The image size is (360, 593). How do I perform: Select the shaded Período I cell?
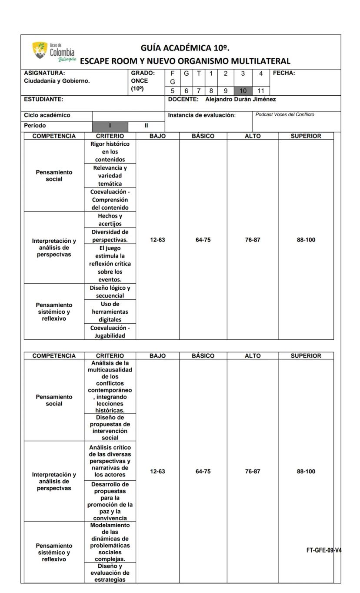coord(110,126)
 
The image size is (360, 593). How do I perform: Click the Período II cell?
coord(147,126)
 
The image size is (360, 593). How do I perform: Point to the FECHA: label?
coord(284,74)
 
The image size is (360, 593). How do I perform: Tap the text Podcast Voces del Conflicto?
coord(285,114)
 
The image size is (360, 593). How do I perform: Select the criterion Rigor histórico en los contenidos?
coord(110,151)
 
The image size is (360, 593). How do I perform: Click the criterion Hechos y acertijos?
coord(110,220)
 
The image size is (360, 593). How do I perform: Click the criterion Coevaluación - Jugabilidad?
coord(110,332)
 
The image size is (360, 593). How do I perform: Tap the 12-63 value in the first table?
coord(157,240)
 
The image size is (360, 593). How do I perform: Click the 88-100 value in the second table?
coord(306,471)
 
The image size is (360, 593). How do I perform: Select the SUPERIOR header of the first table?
coord(306,136)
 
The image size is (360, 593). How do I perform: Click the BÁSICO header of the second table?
coord(203,356)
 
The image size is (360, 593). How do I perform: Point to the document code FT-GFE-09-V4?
coord(323,550)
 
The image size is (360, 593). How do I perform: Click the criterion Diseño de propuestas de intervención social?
coord(110,427)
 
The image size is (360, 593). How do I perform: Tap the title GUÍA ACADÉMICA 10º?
coord(185,47)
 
